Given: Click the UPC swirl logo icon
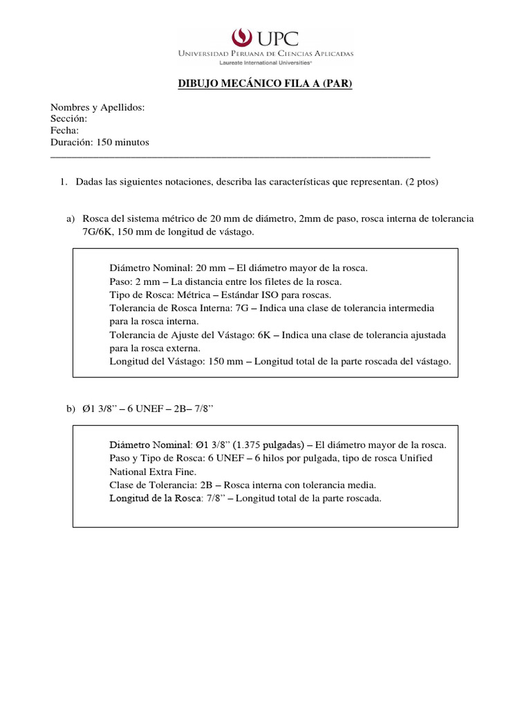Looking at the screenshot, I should coord(241,37).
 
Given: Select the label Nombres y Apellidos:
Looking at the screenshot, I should coord(97,107).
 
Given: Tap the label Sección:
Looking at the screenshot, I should coord(68,119).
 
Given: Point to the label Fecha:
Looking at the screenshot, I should coord(64,131).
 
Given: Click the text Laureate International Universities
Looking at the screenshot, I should coord(266,61).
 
